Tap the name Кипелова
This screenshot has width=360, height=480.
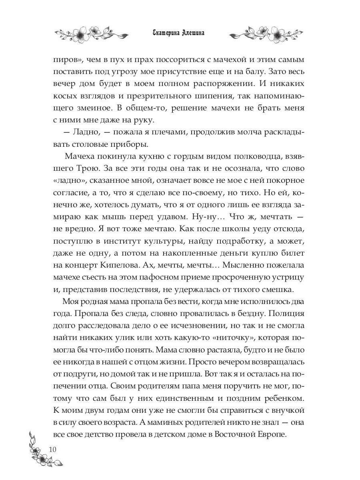[137, 265]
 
